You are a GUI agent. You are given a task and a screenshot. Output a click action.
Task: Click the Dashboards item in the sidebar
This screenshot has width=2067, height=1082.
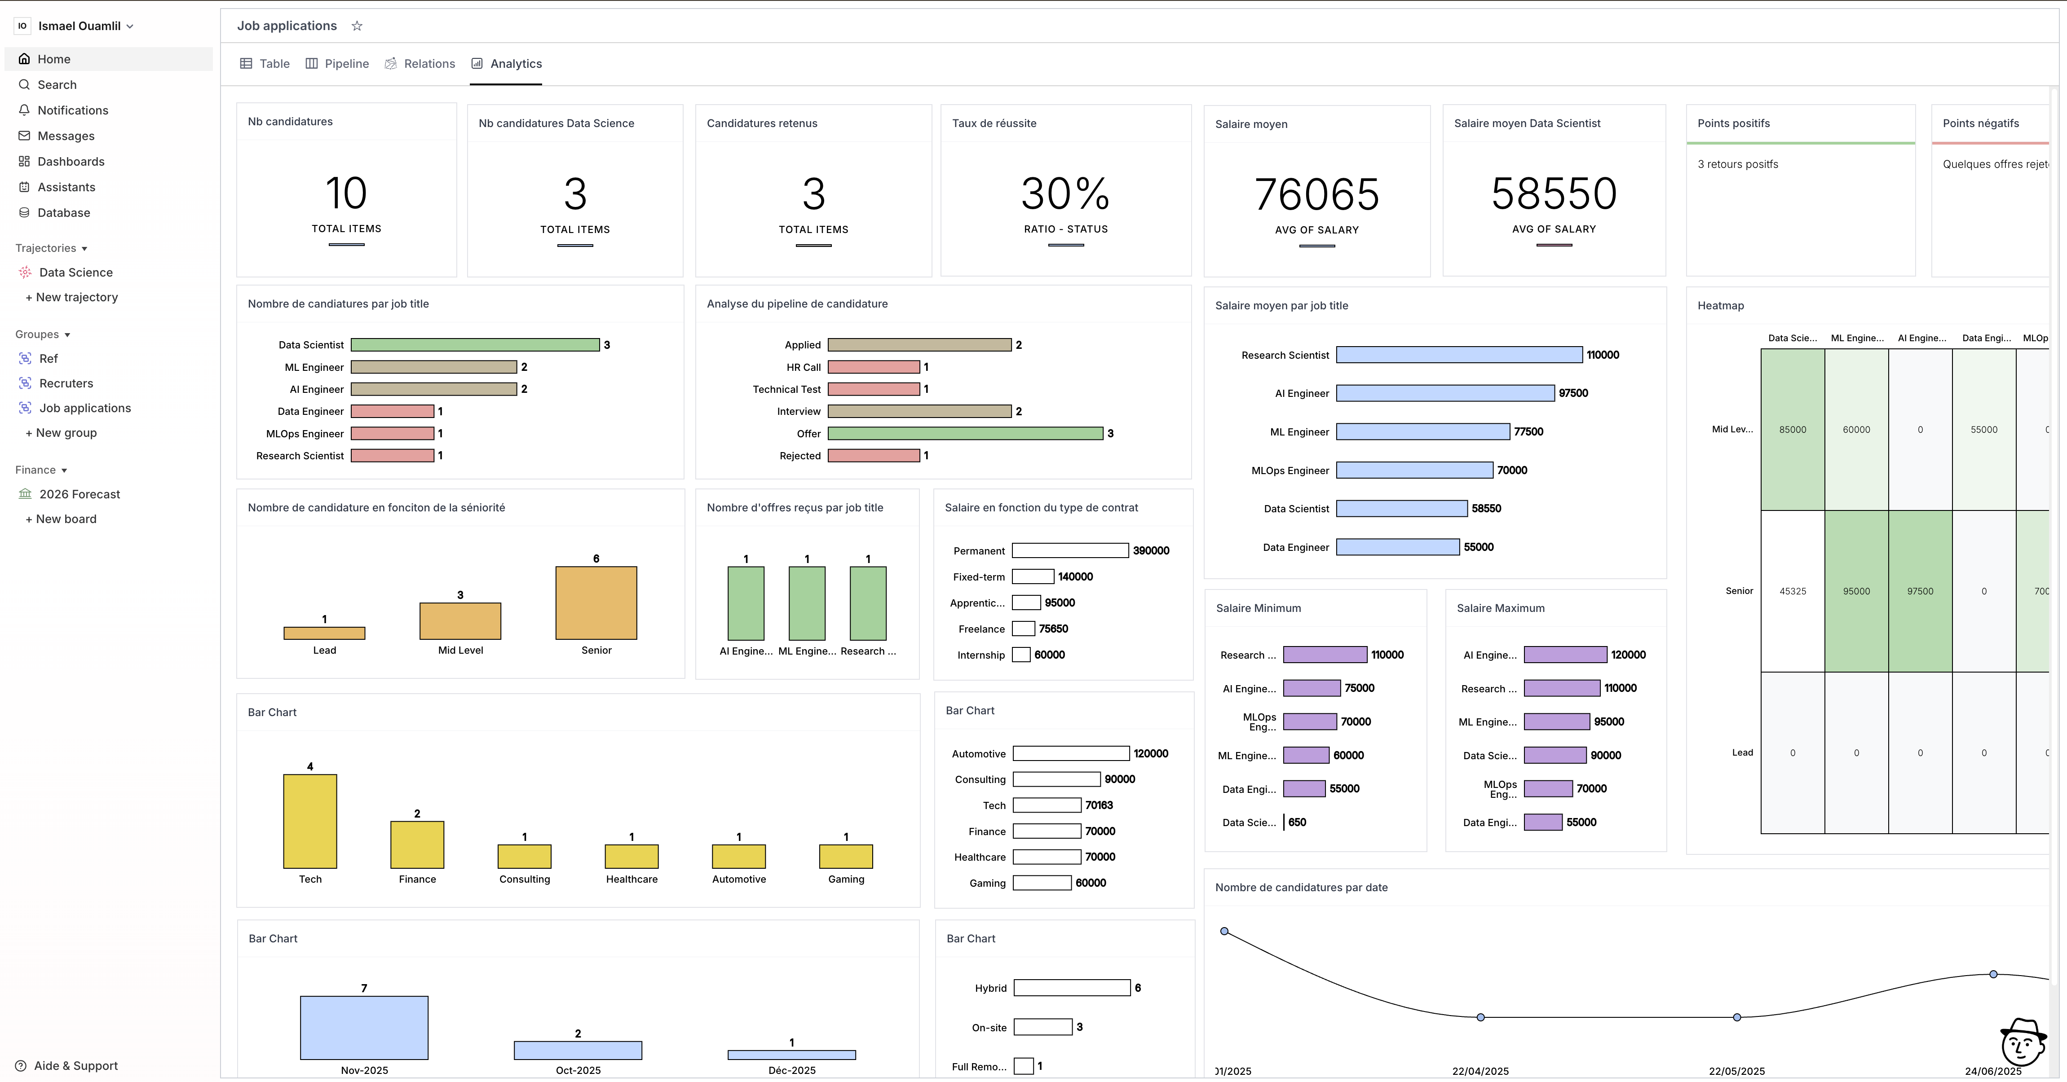pos(71,161)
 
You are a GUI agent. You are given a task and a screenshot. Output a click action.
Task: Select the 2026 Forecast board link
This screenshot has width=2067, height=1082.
pos(79,494)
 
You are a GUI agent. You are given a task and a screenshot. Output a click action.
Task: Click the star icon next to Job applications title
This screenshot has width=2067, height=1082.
pos(357,26)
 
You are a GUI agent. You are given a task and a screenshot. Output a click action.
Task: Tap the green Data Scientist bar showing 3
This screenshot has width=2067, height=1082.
pos(475,345)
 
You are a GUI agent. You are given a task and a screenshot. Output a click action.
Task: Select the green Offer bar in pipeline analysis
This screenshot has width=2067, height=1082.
pos(965,433)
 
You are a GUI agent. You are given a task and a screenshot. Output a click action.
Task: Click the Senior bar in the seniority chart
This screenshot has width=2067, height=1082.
pos(596,603)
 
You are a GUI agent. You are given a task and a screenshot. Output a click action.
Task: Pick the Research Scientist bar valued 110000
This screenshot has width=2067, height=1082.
pos(1459,355)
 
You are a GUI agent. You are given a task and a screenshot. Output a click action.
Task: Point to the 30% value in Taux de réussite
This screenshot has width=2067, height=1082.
pos(1065,194)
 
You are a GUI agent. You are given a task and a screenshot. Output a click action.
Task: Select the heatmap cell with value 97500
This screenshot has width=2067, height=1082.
pos(1920,591)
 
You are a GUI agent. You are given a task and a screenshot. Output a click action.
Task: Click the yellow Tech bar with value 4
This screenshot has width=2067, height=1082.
pos(310,821)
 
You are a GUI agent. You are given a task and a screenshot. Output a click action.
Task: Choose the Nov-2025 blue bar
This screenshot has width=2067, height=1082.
pos(364,1028)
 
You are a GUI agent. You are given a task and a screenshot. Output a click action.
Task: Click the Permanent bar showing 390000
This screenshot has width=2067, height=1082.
pos(1069,551)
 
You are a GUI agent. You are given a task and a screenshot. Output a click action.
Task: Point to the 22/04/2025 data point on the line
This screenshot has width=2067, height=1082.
pos(1480,1017)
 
